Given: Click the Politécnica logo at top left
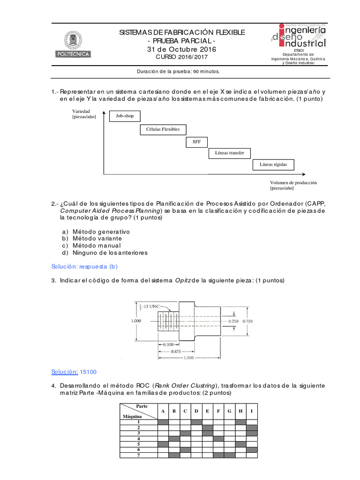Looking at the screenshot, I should pos(74,45).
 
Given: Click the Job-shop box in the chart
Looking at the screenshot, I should pos(125,116).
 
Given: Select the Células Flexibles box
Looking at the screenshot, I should pos(163,129).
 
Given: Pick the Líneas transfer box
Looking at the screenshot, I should pos(229,153).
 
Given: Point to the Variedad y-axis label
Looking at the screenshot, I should pos(83,114).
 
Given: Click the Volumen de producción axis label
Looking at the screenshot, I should pos(293,185).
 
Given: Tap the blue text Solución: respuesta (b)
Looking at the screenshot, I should pos(84,266).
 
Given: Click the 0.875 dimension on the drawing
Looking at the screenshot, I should pos(176,351).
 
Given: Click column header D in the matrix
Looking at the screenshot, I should pos(196,411).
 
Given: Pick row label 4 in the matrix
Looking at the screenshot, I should pos(139,439).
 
